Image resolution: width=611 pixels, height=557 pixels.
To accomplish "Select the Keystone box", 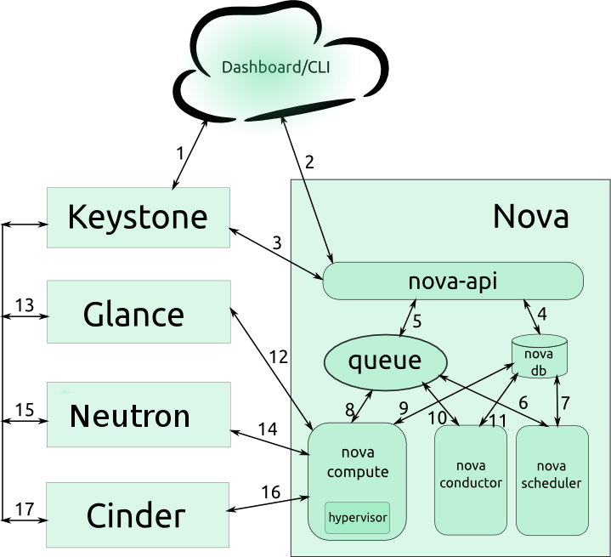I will click(x=138, y=217).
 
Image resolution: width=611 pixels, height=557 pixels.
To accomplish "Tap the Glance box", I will click(x=138, y=314).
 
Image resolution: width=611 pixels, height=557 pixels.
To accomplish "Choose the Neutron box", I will click(x=138, y=415).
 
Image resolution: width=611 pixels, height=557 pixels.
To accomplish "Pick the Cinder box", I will click(x=138, y=515).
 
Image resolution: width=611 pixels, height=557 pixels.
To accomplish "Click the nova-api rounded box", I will click(x=453, y=281).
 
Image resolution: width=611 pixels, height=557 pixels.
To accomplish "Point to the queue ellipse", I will click(x=384, y=361).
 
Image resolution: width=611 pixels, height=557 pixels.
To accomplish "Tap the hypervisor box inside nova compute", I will click(x=357, y=517).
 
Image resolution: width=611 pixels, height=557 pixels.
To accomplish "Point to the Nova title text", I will click(x=530, y=217).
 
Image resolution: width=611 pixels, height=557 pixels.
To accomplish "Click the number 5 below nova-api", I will click(x=417, y=321).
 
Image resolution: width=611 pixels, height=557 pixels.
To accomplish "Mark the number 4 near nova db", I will click(x=541, y=314).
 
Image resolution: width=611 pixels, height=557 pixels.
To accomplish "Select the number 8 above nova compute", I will click(x=349, y=409).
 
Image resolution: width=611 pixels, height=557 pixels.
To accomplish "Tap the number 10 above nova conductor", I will click(x=437, y=418).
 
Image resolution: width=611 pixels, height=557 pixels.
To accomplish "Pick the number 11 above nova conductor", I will click(x=498, y=419).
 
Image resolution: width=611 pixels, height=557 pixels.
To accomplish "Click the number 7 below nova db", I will click(x=565, y=403).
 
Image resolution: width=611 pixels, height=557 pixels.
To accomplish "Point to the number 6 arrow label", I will click(x=523, y=403).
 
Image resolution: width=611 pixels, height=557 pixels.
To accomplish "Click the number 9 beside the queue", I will click(x=404, y=407).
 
